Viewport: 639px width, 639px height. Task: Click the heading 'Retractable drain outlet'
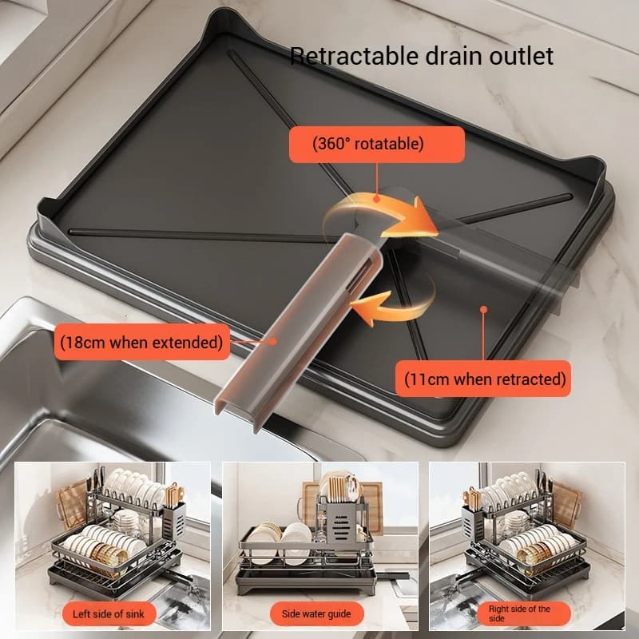click(421, 56)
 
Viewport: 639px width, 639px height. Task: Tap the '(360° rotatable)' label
click(376, 145)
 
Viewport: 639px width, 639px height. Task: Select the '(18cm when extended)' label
click(141, 343)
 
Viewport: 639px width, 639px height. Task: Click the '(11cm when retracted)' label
click(484, 378)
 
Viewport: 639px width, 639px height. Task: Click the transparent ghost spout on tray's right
click(511, 256)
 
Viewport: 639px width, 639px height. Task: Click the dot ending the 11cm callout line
click(483, 307)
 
